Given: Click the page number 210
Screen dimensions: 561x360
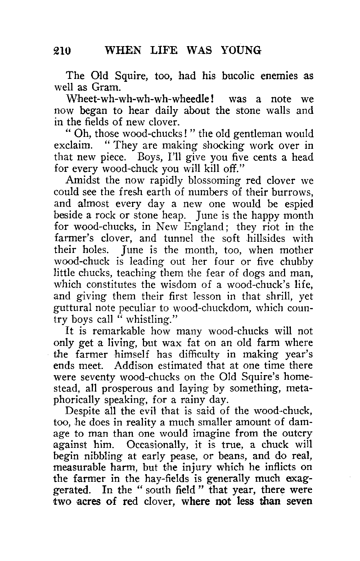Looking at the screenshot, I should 63,50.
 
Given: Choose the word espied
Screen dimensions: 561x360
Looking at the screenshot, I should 298,204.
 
